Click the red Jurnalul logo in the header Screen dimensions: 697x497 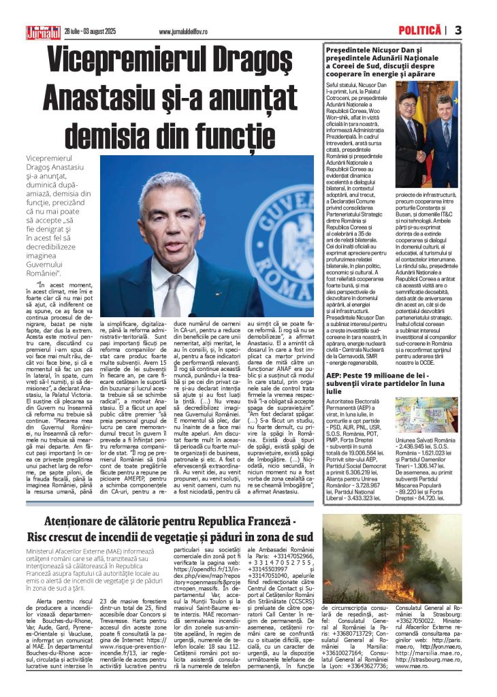point(44,31)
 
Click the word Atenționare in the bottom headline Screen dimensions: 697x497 point(79,523)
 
